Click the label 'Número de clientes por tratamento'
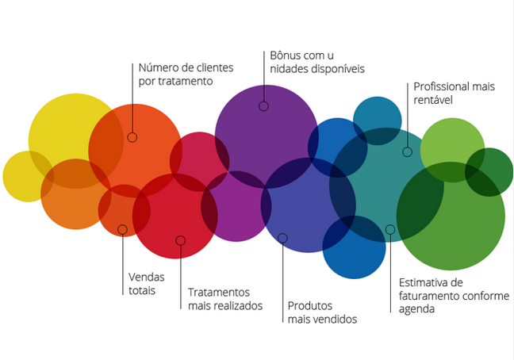coord(181,74)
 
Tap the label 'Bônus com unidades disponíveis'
coord(317,62)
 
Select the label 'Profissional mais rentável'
coord(453,93)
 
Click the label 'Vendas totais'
coord(144,284)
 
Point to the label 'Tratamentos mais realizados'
coord(224,299)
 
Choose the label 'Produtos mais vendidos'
coord(321,312)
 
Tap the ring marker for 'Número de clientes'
coord(132,137)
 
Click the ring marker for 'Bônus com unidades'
coord(263,106)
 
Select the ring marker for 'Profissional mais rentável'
coord(407,151)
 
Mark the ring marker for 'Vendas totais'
coord(122,230)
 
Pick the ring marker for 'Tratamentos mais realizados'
coord(181,240)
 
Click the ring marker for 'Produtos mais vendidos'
coord(282,238)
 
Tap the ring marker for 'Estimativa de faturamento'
coord(390,230)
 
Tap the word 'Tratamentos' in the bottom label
coord(219,292)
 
